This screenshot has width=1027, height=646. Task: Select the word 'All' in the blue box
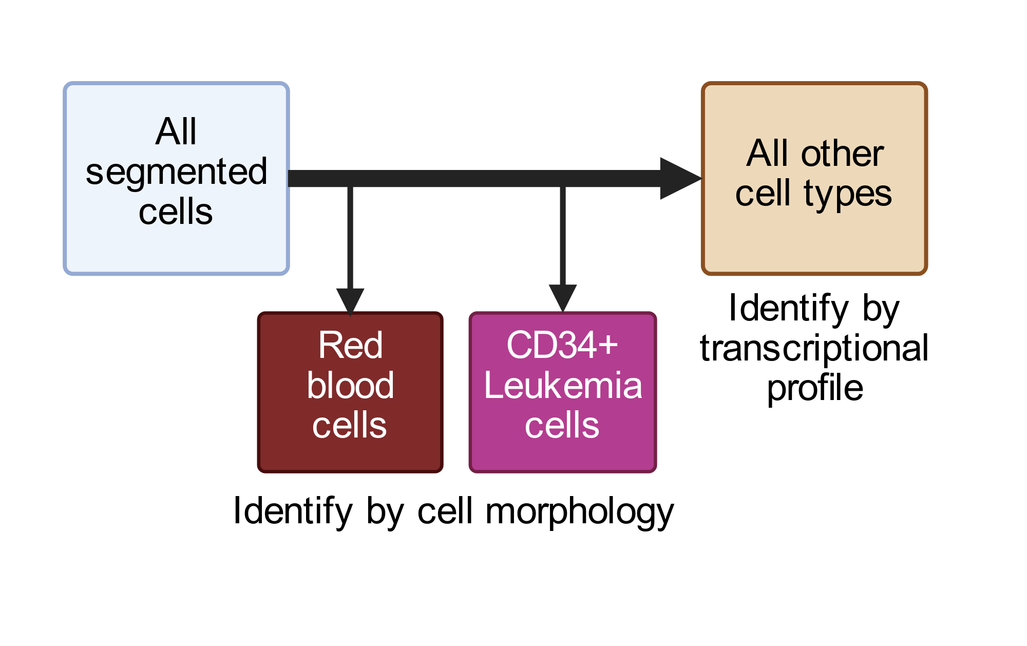[x=176, y=131]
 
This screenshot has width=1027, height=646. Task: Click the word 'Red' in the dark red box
[x=350, y=345]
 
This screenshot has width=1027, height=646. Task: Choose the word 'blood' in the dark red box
[x=350, y=385]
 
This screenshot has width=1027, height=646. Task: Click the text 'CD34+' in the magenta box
[x=562, y=345]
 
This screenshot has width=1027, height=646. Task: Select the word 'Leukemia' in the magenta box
[x=563, y=385]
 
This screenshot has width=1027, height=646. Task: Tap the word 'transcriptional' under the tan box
[x=814, y=348]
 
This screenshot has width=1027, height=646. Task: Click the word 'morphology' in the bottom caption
[x=579, y=512]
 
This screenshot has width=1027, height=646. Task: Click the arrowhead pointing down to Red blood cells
[x=350, y=301]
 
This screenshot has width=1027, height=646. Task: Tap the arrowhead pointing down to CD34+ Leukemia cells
[x=563, y=298]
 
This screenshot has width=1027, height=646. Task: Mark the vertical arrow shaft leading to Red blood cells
[x=350, y=238]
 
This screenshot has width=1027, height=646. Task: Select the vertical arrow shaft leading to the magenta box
[x=563, y=236]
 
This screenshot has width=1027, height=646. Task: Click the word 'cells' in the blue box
[x=176, y=212]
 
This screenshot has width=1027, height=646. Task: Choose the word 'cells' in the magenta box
[x=562, y=425]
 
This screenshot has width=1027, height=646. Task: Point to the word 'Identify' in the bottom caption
[x=293, y=511]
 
